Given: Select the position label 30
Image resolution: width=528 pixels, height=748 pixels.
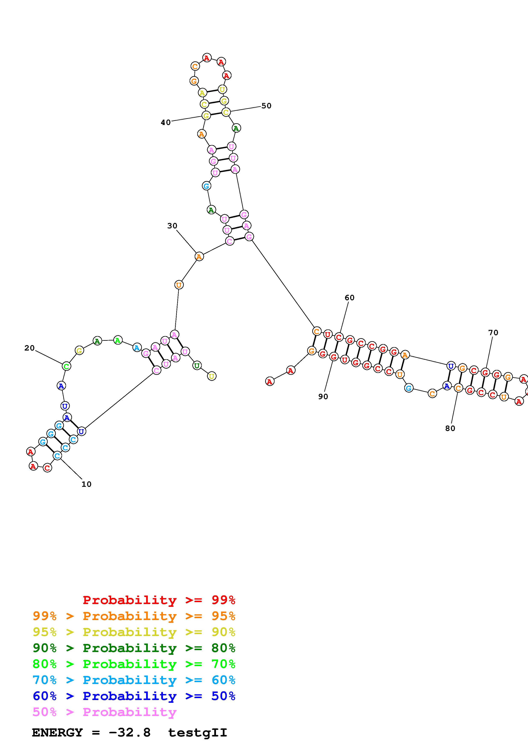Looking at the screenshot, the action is tap(172, 226).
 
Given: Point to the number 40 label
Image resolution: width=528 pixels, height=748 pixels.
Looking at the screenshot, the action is tap(165, 122).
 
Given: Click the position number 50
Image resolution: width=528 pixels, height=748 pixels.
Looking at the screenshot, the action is tap(266, 106).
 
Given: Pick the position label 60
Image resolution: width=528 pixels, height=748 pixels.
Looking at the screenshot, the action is tap(349, 298).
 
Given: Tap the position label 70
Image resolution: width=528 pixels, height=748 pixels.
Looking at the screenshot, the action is tap(493, 333).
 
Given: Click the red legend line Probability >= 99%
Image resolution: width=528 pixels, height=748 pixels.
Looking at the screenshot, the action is tap(159, 600).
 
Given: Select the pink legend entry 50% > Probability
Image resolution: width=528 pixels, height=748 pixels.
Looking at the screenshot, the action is tap(104, 712).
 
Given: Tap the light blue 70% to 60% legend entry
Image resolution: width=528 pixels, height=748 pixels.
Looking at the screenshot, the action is tap(134, 680).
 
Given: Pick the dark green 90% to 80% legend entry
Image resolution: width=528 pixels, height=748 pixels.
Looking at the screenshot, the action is tap(134, 648).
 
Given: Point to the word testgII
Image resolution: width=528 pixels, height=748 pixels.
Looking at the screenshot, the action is tap(197, 733).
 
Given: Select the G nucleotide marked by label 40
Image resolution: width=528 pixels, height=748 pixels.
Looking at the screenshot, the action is tap(206, 115).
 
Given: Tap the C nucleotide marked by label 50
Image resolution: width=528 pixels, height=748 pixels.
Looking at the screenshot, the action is tap(226, 112).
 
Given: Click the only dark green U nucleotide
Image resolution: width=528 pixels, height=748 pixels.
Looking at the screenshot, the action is tap(197, 365).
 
